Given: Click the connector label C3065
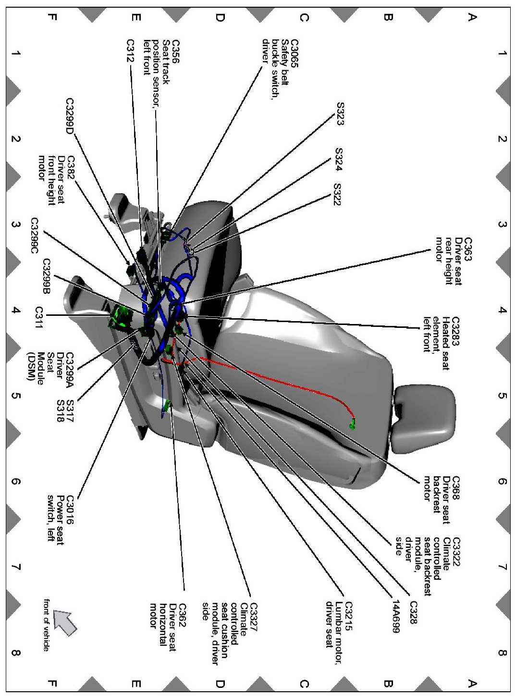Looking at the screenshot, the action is point(294,53).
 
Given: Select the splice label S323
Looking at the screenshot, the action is point(340,113).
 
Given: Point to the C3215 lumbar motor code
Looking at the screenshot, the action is point(349,617).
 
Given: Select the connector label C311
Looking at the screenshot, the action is point(39,318).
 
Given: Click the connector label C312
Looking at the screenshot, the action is point(130,50).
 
